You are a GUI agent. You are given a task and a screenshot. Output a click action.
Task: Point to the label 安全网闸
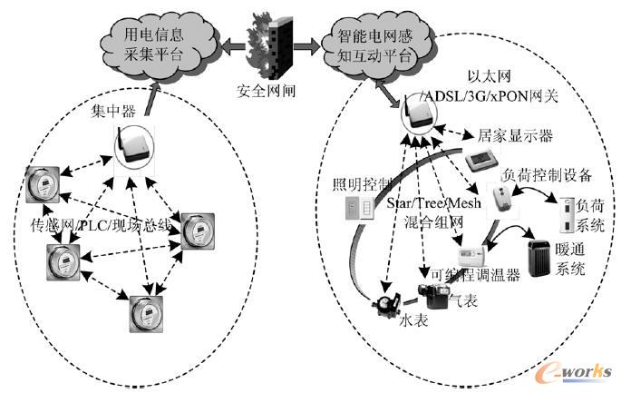coord(266,92)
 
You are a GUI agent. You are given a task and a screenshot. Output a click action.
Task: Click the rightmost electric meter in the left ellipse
coord(197,231)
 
